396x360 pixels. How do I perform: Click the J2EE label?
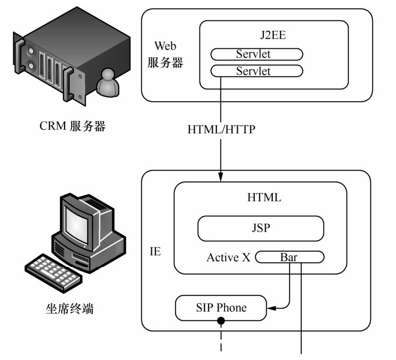(273, 37)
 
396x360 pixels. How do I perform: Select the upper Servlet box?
(256, 55)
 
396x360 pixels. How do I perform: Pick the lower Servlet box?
(256, 71)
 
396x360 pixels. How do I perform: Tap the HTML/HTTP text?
(222, 129)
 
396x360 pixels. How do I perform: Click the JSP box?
(260, 228)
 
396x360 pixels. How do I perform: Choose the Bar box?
(289, 256)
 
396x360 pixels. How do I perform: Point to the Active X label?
(229, 257)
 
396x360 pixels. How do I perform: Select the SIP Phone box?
(221, 308)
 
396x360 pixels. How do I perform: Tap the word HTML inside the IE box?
(264, 198)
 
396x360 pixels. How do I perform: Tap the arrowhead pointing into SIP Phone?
(270, 307)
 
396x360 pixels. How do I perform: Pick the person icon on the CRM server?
(108, 83)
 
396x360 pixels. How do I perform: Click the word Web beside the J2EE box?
(165, 46)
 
